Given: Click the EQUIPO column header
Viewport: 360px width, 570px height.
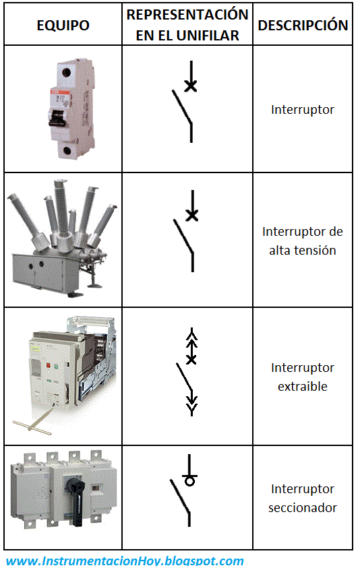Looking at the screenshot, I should (63, 26).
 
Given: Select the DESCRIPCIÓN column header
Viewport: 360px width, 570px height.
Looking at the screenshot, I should (303, 26).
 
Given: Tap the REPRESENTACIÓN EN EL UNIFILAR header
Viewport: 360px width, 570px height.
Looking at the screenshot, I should (187, 25).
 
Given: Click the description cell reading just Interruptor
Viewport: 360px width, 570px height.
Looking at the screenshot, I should (303, 109).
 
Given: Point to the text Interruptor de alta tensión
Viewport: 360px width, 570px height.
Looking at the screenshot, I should (303, 241).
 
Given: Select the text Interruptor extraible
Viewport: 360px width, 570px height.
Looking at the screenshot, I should (303, 377).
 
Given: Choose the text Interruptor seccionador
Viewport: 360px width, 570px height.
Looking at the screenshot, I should (303, 498).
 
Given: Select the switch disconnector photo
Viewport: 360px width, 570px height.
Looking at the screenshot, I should (63, 496).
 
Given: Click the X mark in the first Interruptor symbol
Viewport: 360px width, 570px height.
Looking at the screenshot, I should (191, 86).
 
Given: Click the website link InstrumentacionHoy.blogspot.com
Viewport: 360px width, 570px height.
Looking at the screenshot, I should (125, 561).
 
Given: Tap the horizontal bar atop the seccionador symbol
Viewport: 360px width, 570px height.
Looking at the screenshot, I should (191, 474).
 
